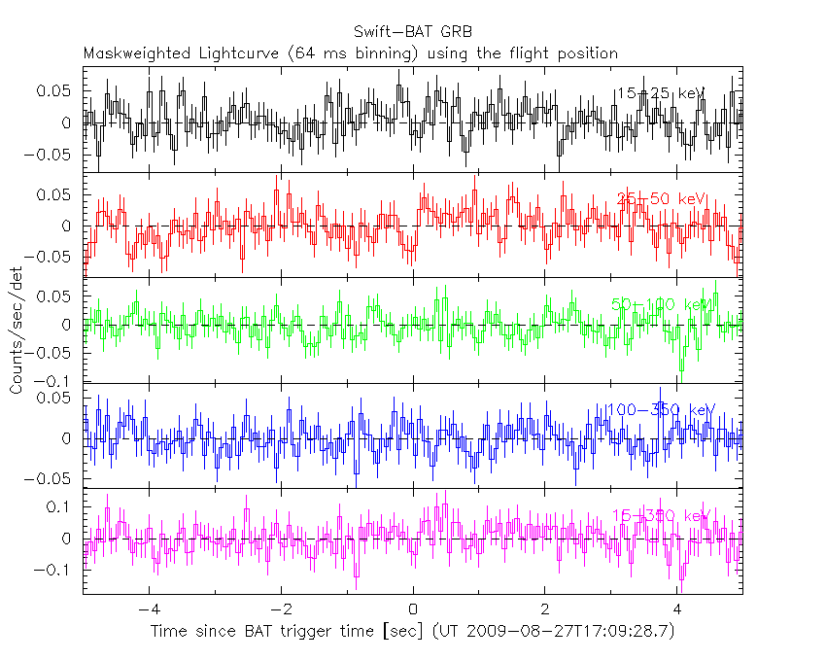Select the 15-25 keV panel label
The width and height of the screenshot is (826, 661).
pos(660,93)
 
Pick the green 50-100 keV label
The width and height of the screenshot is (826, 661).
pos(662,305)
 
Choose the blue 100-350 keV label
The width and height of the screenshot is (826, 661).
pos(660,410)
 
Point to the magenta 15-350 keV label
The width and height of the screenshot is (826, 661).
pos(664,515)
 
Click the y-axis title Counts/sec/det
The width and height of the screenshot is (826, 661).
pos(17,330)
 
